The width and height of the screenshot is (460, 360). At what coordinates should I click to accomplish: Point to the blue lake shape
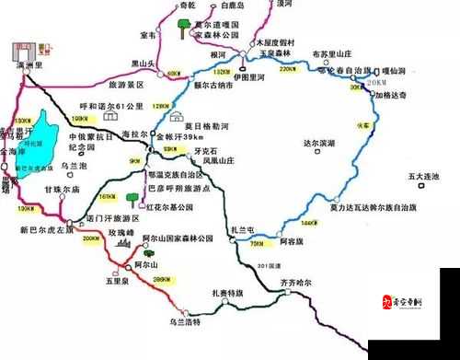41,138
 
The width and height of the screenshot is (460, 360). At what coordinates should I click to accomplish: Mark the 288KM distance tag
163,280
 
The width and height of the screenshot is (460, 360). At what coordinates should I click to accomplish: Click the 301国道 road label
270,266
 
